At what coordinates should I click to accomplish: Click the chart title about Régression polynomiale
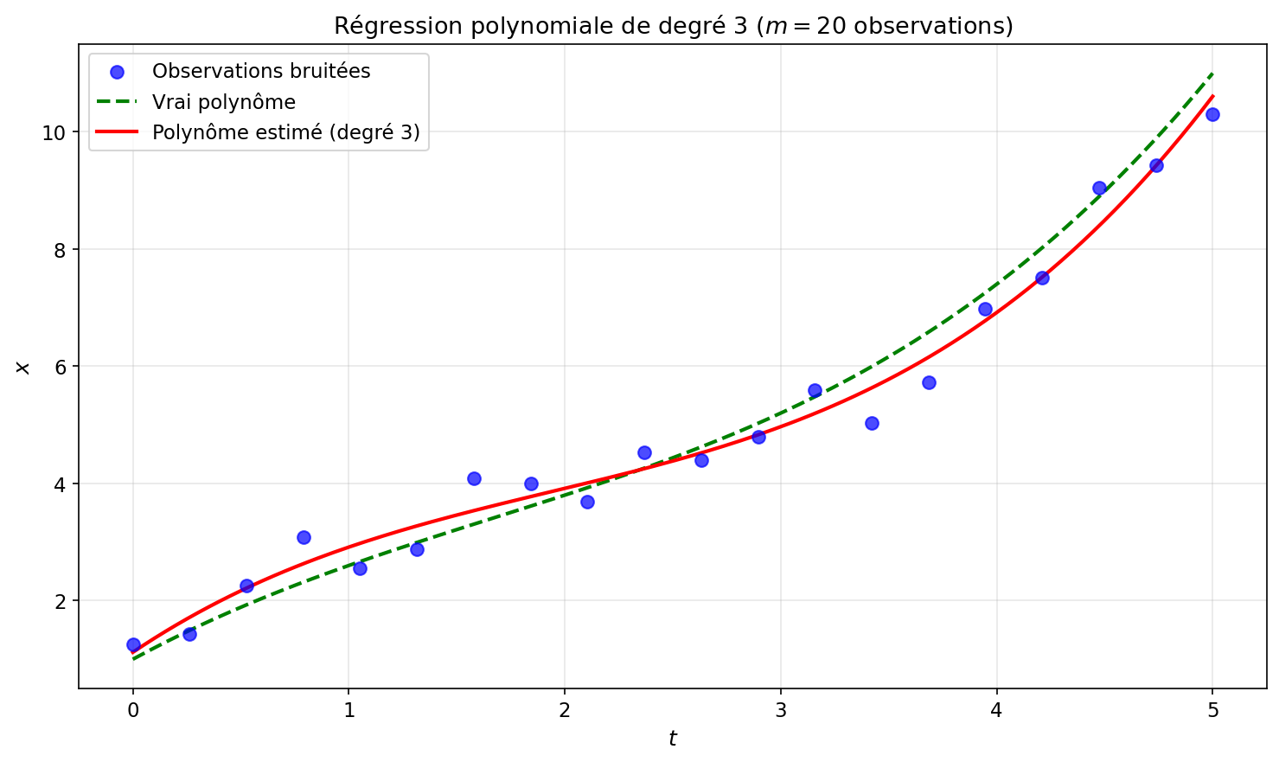coord(673,26)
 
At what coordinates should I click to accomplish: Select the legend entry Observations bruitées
coord(261,71)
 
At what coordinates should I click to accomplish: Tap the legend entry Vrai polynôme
coord(224,102)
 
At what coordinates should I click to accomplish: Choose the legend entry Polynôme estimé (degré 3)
coord(285,132)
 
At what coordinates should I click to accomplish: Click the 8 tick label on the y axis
coord(61,249)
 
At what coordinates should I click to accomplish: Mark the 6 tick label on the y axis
coord(61,366)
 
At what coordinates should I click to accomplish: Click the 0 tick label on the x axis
coord(133,710)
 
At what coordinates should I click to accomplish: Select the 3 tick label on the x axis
coord(781,710)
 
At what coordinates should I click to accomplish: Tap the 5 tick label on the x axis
coord(1212,710)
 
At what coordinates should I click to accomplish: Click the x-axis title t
coord(673,739)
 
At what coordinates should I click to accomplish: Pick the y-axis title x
coord(23,368)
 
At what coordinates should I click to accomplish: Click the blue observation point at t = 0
coord(133,644)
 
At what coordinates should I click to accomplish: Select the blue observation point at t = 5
coord(1212,114)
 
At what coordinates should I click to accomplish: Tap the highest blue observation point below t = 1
coord(304,537)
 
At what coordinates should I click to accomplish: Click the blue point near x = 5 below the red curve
coord(872,423)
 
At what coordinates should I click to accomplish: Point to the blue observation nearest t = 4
coord(985,309)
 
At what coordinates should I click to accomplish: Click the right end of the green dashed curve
coord(1212,74)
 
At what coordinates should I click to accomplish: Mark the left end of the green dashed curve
coord(133,659)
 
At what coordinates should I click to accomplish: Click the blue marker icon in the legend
coord(116,72)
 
